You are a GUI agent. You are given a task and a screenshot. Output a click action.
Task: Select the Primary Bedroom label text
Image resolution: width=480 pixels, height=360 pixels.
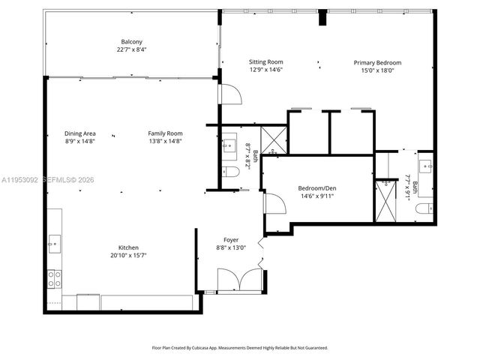[x=377, y=62]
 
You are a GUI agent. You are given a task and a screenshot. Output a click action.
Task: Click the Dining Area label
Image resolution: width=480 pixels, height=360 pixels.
[x=79, y=133]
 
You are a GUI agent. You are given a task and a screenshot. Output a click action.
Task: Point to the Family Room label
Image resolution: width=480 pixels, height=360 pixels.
[x=165, y=133]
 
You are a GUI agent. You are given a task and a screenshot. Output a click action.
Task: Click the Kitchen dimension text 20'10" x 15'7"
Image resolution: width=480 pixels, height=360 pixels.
[x=128, y=255]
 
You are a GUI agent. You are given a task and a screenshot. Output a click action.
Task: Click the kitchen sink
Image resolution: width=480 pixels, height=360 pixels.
[x=54, y=241]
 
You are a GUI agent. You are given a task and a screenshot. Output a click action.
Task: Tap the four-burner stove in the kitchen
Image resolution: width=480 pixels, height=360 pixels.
[x=55, y=279]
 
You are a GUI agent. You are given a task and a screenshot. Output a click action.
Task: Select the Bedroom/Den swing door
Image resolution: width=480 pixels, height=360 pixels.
[x=273, y=202]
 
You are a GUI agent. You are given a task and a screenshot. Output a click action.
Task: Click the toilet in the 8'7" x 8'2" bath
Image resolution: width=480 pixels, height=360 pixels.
[x=232, y=172]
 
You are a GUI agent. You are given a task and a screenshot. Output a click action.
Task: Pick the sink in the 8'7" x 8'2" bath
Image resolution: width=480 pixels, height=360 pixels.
[x=229, y=145]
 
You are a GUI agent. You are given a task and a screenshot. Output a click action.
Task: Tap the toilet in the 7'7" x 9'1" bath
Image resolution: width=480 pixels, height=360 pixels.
[x=425, y=208]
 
